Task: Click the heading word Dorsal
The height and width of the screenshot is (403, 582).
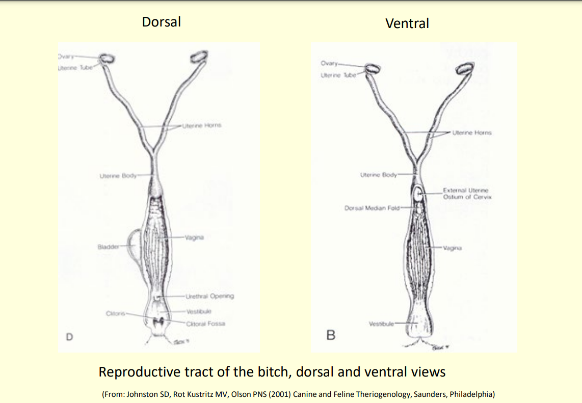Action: pyautogui.click(x=161, y=21)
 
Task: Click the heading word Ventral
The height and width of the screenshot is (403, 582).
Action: pyautogui.click(x=407, y=23)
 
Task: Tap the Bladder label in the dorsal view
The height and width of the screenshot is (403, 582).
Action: pyautogui.click(x=108, y=247)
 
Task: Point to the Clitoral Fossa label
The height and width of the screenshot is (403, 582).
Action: pyautogui.click(x=205, y=323)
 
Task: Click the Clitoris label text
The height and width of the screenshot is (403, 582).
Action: pyautogui.click(x=116, y=313)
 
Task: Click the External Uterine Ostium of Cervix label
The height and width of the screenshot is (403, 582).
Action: pyautogui.click(x=467, y=194)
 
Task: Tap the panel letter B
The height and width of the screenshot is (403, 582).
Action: pyautogui.click(x=331, y=335)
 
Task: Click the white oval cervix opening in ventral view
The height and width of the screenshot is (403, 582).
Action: pyautogui.click(x=417, y=194)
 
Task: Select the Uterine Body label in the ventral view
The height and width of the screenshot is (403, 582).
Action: pyautogui.click(x=378, y=175)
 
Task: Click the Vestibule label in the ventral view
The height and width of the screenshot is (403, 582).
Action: pyautogui.click(x=381, y=324)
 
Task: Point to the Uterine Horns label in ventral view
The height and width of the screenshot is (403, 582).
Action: pyautogui.click(x=472, y=132)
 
